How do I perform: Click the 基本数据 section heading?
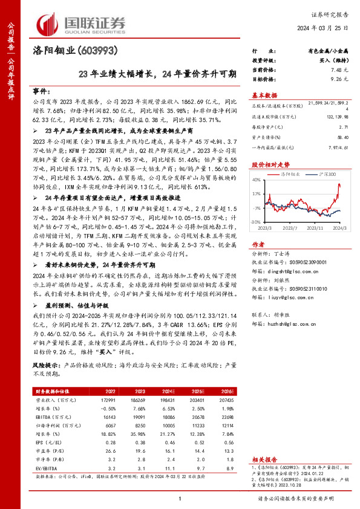coord(264,95)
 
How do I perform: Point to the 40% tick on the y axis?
coord(257,180)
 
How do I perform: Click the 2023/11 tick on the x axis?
coord(316,228)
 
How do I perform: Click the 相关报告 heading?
coord(264,476)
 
